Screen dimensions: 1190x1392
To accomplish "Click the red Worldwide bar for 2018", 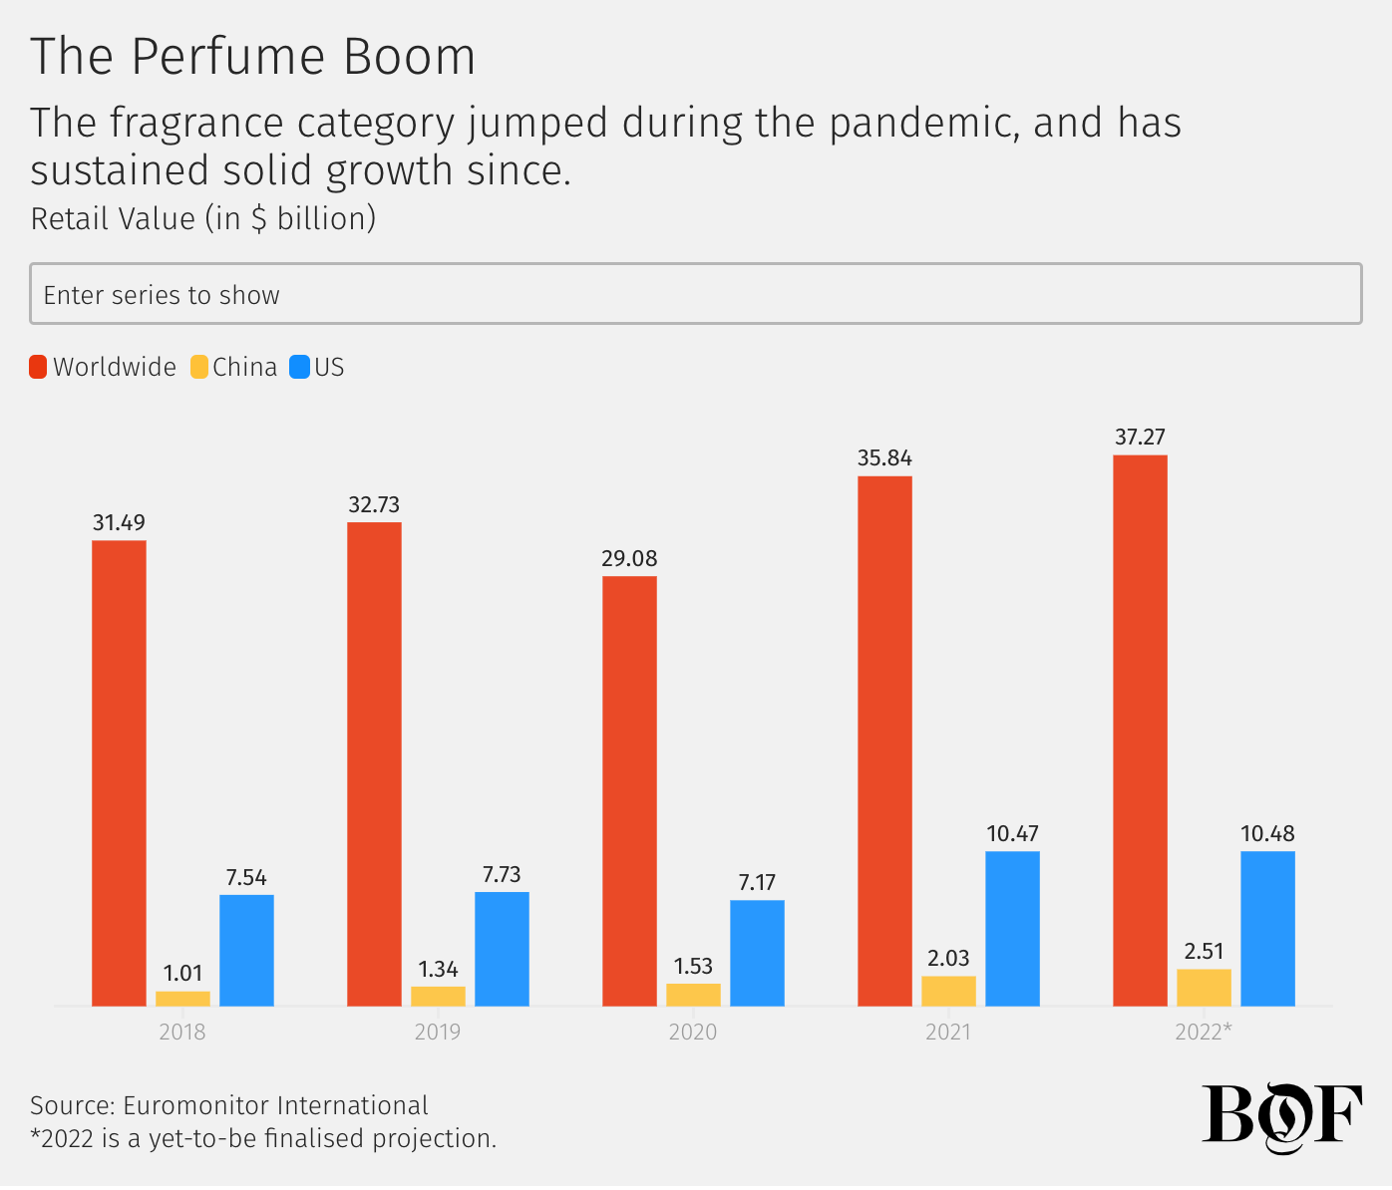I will (x=119, y=772).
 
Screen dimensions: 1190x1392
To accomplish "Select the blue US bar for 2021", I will (x=1012, y=928).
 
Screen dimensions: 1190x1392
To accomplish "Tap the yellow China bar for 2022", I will (x=1204, y=988).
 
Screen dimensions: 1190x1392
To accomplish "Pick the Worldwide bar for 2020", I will (x=629, y=790).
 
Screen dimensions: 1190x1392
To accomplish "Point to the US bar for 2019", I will (x=502, y=949).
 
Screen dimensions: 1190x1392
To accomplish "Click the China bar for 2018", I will (x=182, y=999).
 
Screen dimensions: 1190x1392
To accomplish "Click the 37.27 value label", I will (x=1140, y=438).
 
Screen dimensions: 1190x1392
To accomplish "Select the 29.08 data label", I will (x=629, y=559).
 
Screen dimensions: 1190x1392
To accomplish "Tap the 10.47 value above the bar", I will (x=1012, y=834).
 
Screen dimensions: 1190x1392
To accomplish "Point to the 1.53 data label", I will (x=693, y=967).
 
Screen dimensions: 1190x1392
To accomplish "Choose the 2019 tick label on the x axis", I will (x=438, y=1033).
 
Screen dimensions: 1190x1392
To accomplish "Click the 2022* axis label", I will (x=1203, y=1033).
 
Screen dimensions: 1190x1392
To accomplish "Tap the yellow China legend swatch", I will (x=199, y=368).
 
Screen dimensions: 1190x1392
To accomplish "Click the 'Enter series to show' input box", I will (x=695, y=294).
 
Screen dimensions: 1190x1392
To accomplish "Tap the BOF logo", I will (x=1281, y=1115).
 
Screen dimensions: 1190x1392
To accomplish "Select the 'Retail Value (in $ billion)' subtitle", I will (x=203, y=219).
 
